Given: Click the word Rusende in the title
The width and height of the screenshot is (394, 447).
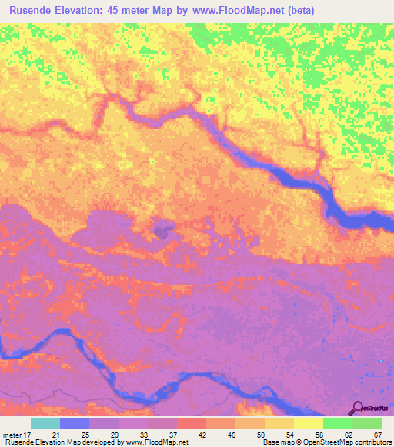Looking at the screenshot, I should click(x=37, y=11).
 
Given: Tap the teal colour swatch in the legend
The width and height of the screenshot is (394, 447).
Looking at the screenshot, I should click(x=45, y=423).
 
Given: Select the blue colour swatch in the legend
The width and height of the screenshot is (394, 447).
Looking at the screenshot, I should click(x=75, y=423).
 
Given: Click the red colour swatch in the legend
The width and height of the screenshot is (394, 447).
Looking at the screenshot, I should click(x=191, y=423).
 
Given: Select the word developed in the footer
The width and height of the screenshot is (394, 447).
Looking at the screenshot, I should click(x=107, y=442).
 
